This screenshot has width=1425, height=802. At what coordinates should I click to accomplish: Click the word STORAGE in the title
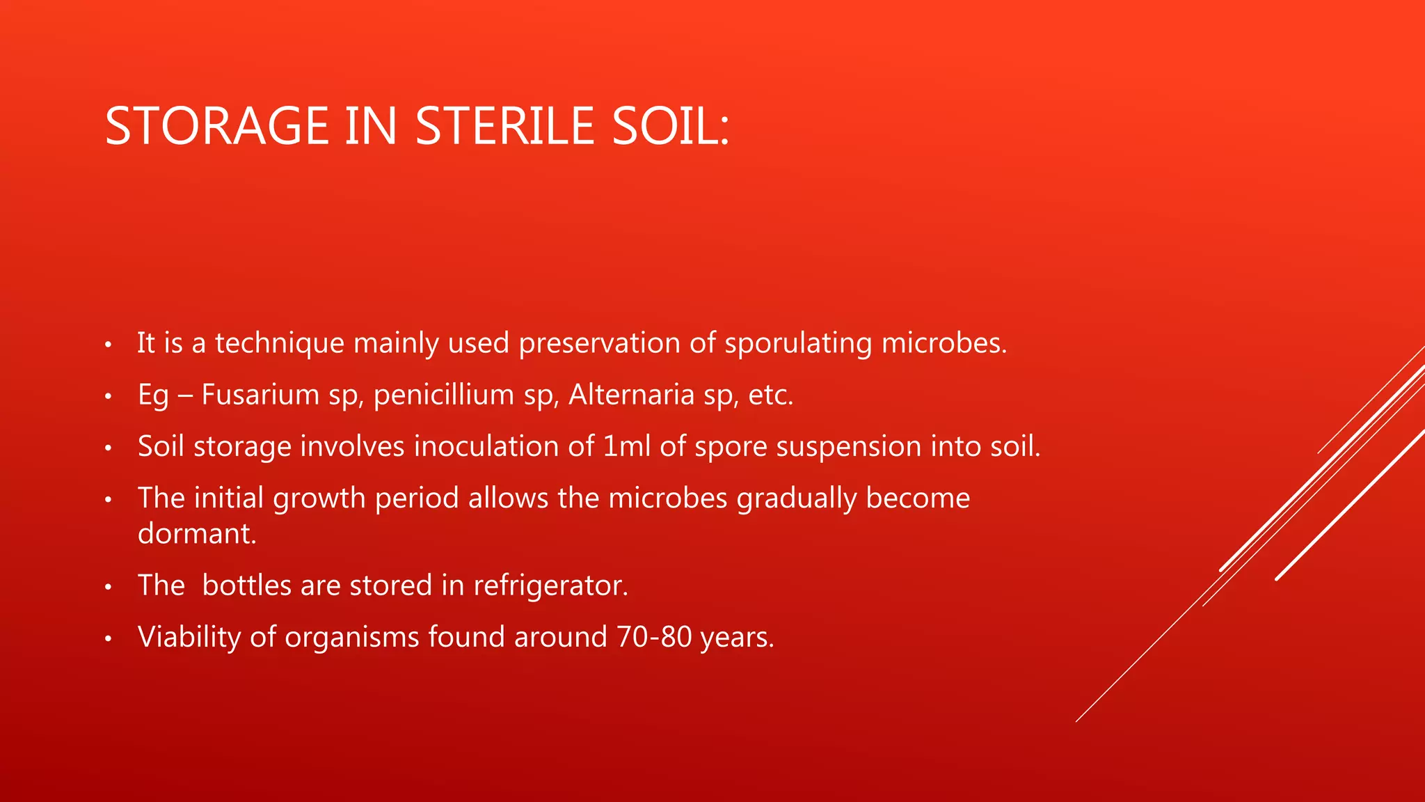click(216, 127)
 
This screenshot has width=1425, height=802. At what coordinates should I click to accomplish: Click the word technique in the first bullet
click(279, 343)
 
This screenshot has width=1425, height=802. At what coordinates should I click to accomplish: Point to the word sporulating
click(797, 343)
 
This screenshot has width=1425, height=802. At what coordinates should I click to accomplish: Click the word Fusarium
click(260, 395)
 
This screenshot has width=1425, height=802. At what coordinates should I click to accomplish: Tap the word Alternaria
click(631, 395)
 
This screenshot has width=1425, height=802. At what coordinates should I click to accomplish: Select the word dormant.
click(197, 534)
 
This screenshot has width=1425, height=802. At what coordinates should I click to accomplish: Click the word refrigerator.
click(550, 585)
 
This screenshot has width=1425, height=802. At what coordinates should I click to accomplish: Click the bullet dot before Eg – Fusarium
click(108, 397)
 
